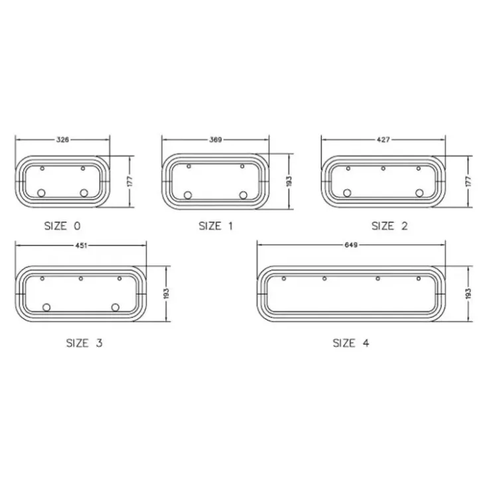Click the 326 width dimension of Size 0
click(62, 139)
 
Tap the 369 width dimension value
click(216, 139)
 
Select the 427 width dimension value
click(384, 139)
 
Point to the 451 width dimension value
click(81, 245)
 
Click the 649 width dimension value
click(351, 245)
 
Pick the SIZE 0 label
click(62, 226)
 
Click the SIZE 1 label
click(216, 226)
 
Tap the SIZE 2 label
click(389, 226)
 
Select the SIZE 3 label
click(84, 343)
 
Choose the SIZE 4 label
click(351, 343)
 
